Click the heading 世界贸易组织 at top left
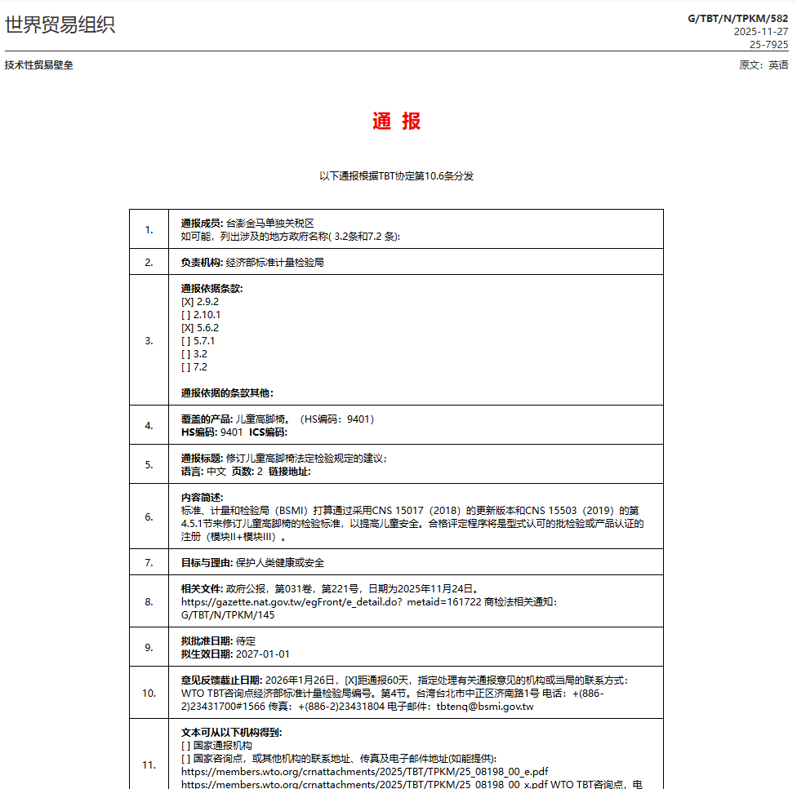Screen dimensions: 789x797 [60, 24]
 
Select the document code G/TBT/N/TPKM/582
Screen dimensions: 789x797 [737, 17]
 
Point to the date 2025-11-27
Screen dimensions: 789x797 [760, 31]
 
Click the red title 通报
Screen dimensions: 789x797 [397, 122]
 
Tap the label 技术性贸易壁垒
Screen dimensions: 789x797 [38, 65]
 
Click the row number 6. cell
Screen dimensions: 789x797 [149, 516]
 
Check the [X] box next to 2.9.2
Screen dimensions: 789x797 [187, 302]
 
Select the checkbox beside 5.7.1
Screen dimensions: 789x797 [187, 341]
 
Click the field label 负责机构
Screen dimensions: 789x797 [201, 263]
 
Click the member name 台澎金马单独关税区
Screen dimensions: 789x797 [269, 224]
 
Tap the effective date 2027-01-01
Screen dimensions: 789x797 [262, 654]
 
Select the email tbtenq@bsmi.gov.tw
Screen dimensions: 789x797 [484, 707]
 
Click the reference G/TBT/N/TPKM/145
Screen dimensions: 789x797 [228, 615]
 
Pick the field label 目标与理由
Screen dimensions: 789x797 [206, 563]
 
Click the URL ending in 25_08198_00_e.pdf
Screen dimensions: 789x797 [364, 772]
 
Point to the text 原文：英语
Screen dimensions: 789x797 [764, 65]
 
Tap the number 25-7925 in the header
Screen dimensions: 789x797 [768, 44]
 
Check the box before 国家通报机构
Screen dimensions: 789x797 [185, 746]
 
